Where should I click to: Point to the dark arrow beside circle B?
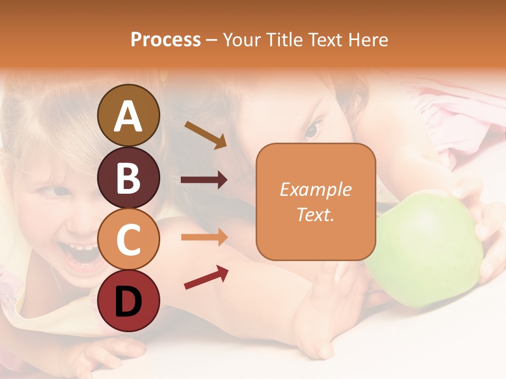(x=204, y=180)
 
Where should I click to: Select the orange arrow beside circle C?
(x=204, y=237)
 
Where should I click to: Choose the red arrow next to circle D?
(x=206, y=277)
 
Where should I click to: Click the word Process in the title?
(x=166, y=39)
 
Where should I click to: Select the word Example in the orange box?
(x=315, y=189)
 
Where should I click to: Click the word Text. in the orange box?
(x=315, y=214)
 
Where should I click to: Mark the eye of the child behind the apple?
(x=314, y=128)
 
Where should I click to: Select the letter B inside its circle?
(x=129, y=177)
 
